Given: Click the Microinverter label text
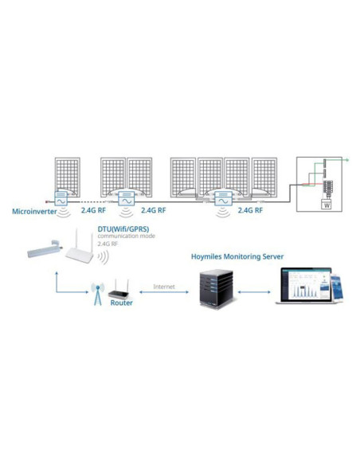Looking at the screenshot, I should tap(33, 212).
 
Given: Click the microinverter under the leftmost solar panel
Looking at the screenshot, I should tap(61, 201).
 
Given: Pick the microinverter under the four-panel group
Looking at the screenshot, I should tap(223, 203).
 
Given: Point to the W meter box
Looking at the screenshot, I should tap(325, 205).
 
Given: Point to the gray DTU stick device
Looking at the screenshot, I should tap(45, 249).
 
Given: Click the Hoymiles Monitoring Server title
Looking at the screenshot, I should tap(237, 257).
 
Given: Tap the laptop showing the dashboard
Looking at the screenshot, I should tap(302, 287).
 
